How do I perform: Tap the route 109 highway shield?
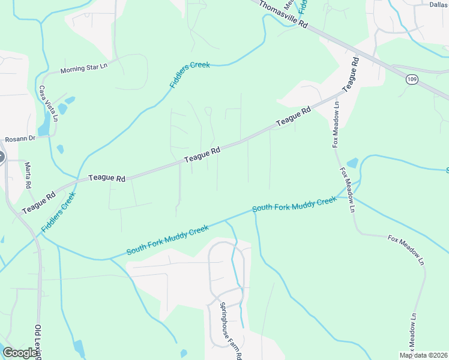(x=411, y=80)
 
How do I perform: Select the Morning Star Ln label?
(x=83, y=68)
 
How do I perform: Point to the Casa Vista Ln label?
(x=49, y=103)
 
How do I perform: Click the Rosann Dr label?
(x=20, y=139)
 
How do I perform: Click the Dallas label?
(x=439, y=4)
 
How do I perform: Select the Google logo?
(x=20, y=353)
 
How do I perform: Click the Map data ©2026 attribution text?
(x=424, y=355)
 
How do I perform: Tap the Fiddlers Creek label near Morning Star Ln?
(x=190, y=74)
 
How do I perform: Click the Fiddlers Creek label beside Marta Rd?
(x=59, y=212)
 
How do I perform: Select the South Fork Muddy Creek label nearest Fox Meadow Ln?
(x=294, y=204)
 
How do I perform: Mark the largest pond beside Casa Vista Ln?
(x=44, y=125)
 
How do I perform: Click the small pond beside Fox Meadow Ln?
(x=352, y=163)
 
